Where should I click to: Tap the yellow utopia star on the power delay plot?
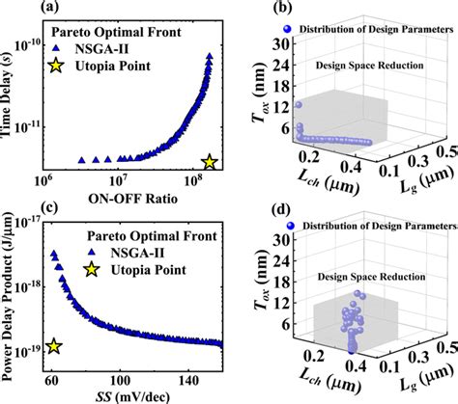coord(54,346)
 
